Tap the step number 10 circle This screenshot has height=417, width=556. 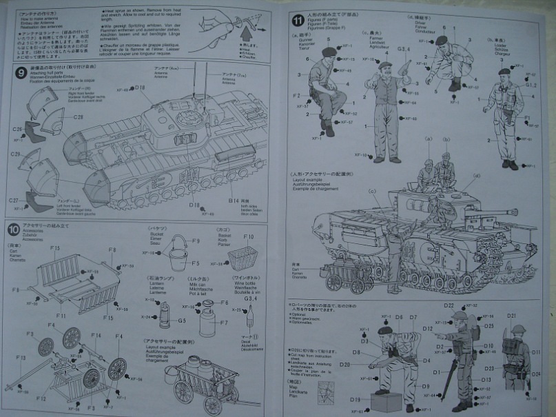pyautogui.click(x=14, y=229)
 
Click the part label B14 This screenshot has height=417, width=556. pyautogui.click(x=234, y=200)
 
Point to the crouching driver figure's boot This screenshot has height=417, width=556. pyautogui.click(x=454, y=85)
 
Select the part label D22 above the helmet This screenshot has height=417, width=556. pyautogui.click(x=449, y=305)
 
